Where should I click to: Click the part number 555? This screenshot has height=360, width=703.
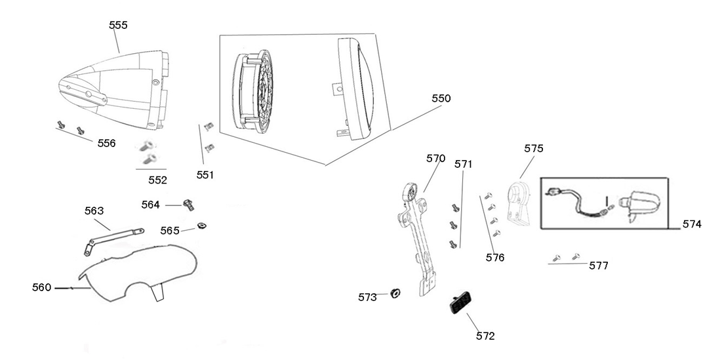(118, 25)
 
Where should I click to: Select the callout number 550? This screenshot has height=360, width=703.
(441, 98)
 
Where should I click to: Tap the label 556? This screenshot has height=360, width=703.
(107, 143)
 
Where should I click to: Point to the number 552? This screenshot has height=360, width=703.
(157, 180)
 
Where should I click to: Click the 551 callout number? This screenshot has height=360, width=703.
(206, 175)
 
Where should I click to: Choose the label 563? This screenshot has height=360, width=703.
(94, 210)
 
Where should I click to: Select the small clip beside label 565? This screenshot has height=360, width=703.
(201, 227)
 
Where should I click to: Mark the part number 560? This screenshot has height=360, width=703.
(42, 287)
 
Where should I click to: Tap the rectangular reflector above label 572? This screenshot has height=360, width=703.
(459, 304)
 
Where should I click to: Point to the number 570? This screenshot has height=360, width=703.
(435, 159)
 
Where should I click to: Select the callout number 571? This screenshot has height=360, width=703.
(464, 164)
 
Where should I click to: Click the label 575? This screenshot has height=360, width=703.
(534, 149)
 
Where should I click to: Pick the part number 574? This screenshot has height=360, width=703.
(691, 224)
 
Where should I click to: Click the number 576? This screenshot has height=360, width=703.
(495, 258)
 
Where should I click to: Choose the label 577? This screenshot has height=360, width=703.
(599, 266)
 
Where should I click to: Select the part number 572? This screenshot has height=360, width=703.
(485, 336)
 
